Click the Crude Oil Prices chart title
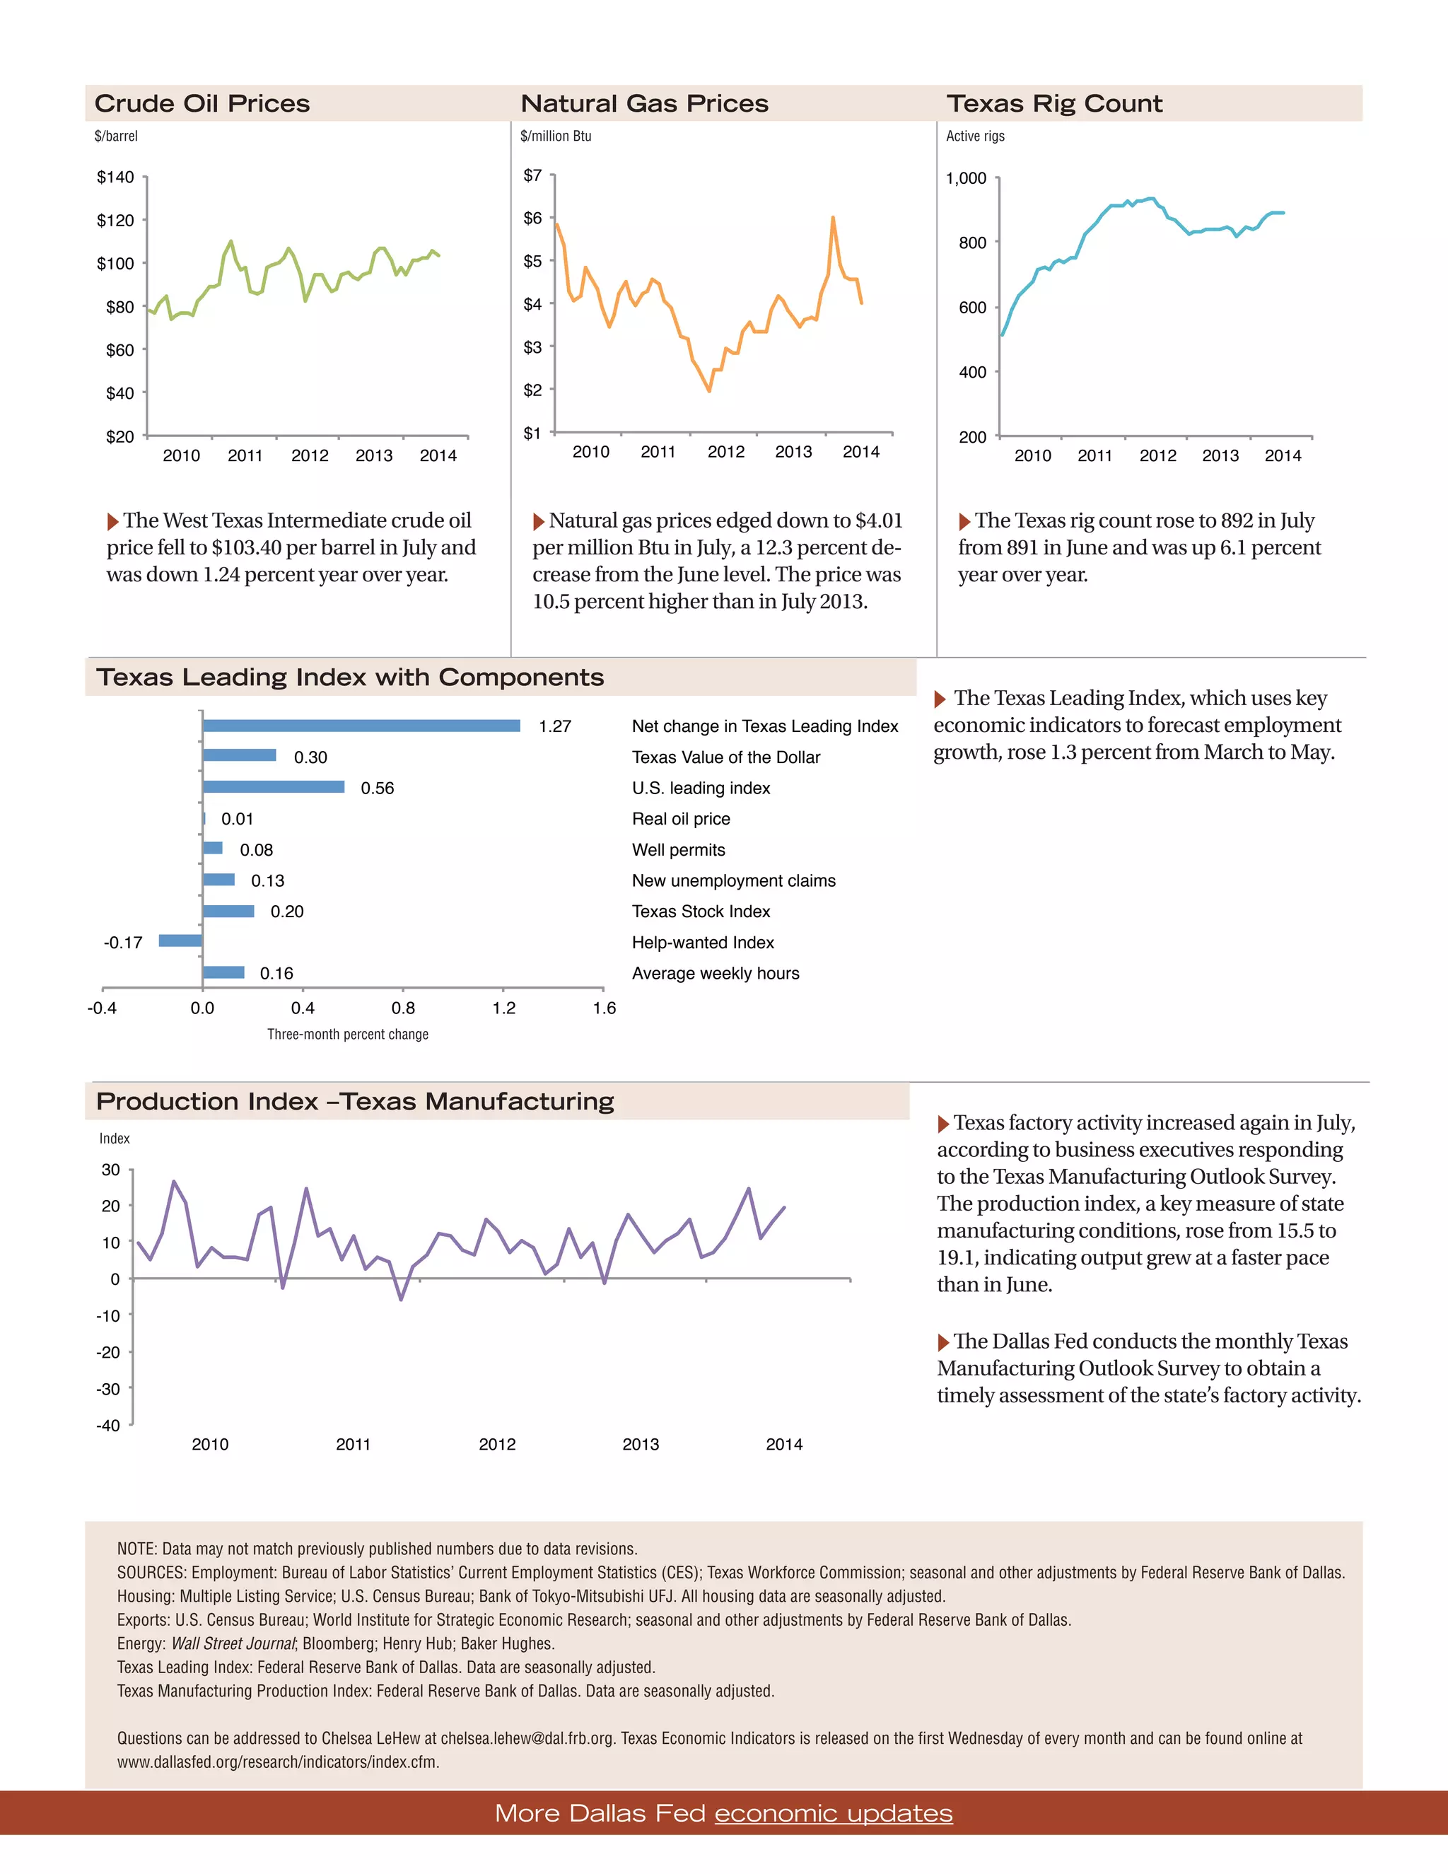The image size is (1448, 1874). pos(202,104)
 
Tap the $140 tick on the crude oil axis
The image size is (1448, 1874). pos(115,177)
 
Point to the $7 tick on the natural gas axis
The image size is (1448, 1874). pos(532,175)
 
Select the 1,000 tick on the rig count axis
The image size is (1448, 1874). pos(966,178)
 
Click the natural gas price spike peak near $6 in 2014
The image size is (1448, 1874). pos(833,219)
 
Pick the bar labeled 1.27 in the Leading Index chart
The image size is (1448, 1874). pos(361,726)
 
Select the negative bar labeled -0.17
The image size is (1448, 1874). pos(180,941)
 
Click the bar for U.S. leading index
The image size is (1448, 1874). pos(274,787)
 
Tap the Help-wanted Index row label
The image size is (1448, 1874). pos(703,942)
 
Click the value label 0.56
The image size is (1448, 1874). pos(378,788)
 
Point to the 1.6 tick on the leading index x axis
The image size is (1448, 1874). pos(604,1008)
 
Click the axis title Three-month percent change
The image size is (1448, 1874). pos(347,1035)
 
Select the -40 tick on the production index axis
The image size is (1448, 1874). pos(109,1426)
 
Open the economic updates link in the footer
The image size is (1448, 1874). pos(833,1813)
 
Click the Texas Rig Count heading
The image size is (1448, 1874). pos(1054,104)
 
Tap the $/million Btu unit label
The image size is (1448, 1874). pos(555,136)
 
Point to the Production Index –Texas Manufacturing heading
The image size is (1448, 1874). pos(355,1102)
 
